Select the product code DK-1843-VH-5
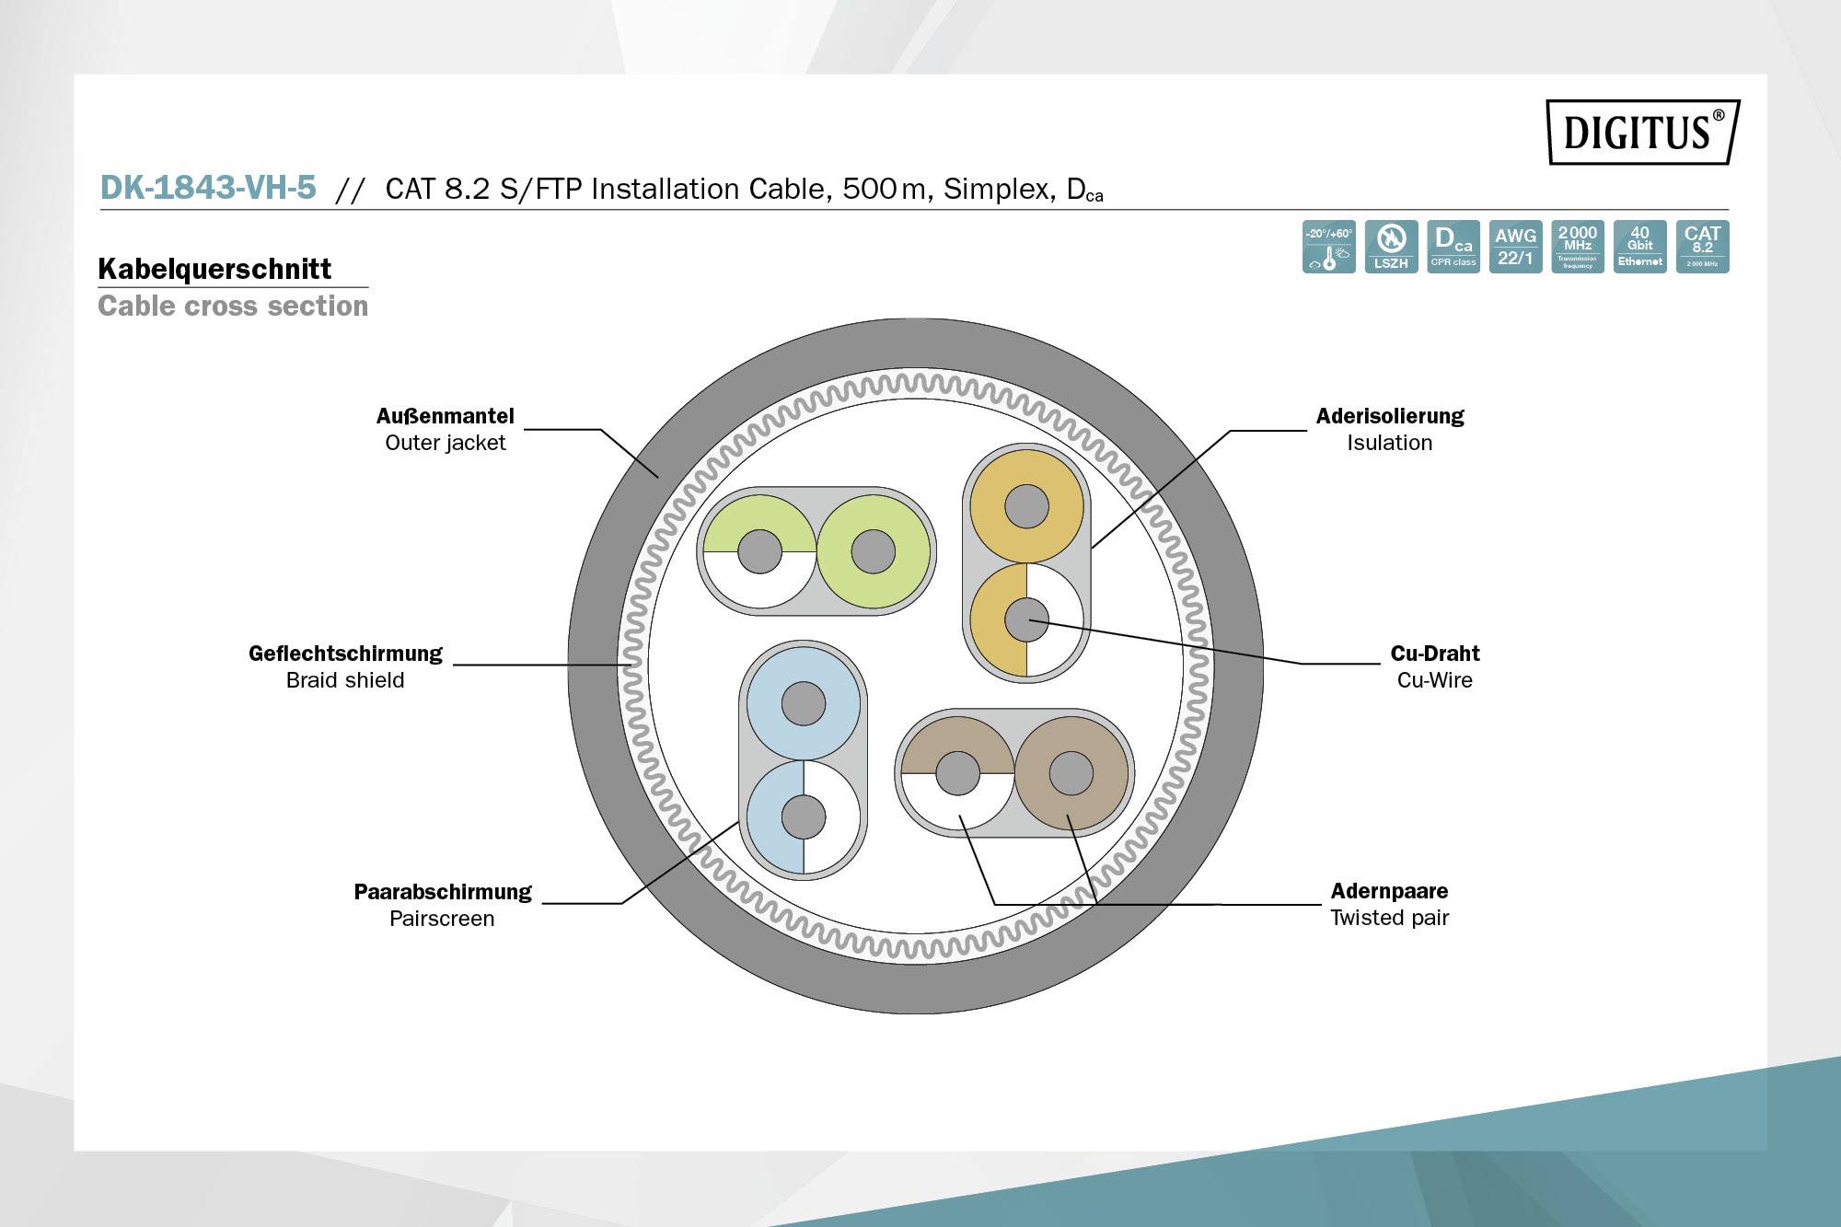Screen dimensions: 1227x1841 [208, 188]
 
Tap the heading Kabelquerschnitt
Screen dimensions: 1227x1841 [214, 269]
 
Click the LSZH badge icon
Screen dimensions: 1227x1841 [1391, 247]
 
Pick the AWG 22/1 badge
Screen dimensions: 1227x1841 [1515, 247]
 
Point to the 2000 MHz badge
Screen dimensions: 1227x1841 [1578, 247]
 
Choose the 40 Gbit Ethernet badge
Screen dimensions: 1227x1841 [1639, 247]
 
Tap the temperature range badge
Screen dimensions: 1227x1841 [1328, 247]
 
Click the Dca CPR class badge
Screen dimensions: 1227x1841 [1453, 247]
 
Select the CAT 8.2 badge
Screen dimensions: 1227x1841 [1702, 247]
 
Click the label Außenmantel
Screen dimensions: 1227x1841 [446, 416]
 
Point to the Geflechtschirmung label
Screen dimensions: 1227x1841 [345, 654]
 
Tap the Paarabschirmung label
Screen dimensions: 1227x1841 [443, 892]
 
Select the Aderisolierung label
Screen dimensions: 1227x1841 [1389, 416]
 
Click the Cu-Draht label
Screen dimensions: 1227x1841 [1434, 654]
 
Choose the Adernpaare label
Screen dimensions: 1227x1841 [1389, 891]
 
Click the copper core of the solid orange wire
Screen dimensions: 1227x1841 [1026, 506]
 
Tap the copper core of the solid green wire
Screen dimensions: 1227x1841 [873, 551]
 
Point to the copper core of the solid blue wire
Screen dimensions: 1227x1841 [804, 704]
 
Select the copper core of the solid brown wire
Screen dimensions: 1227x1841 [1071, 772]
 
